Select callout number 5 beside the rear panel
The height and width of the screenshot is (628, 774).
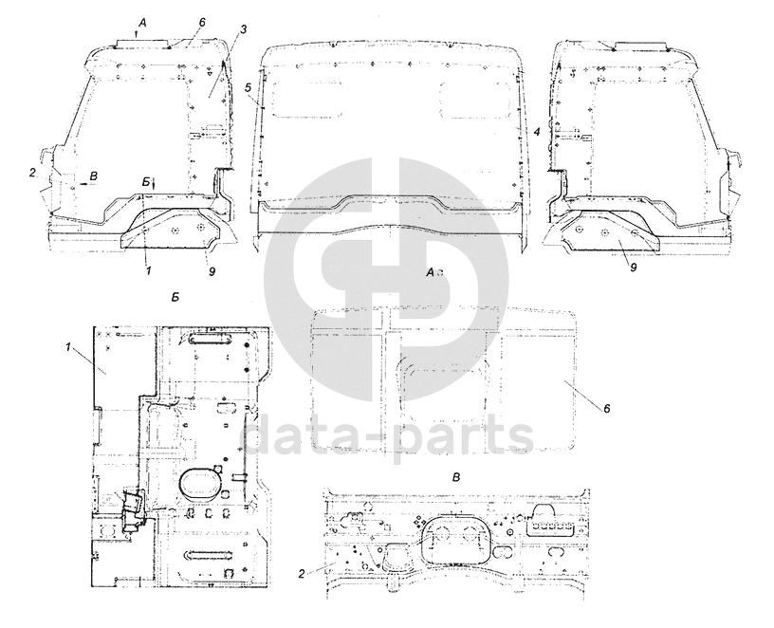point(249,87)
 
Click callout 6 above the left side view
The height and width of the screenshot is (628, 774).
point(202,22)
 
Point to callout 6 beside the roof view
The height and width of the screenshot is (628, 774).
point(607,409)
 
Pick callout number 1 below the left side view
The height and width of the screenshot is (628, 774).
point(148,271)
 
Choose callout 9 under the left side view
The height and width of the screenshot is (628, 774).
point(212,271)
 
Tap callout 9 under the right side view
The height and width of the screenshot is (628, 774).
point(634,268)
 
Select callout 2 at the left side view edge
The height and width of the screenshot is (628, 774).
point(32,173)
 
